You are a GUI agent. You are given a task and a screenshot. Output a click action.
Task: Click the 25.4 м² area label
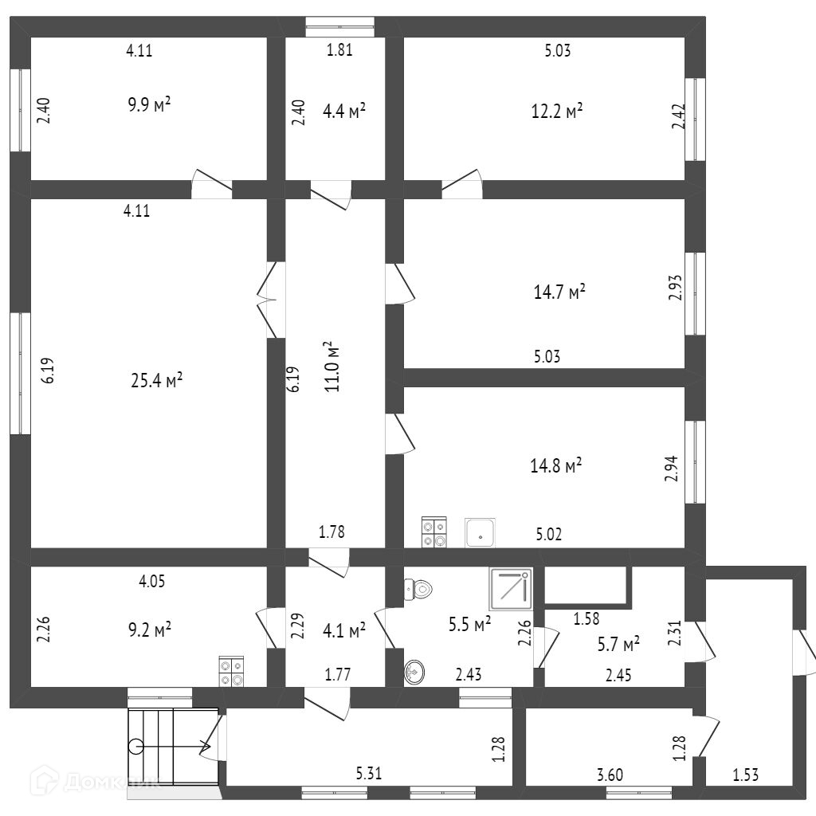157,381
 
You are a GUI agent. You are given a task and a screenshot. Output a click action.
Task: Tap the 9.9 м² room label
151,106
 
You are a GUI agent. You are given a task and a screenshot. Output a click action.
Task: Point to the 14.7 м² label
559,292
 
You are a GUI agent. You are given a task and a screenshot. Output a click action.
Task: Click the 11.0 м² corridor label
331,367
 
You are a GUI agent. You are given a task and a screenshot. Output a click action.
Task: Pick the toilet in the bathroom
418,590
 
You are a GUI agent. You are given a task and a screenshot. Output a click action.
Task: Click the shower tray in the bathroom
511,590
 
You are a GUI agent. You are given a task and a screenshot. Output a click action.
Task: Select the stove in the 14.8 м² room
434,532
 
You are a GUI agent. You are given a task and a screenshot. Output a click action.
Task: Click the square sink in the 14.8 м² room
481,532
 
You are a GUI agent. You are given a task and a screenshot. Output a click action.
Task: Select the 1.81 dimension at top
339,51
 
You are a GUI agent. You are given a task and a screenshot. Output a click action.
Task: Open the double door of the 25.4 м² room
272,300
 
